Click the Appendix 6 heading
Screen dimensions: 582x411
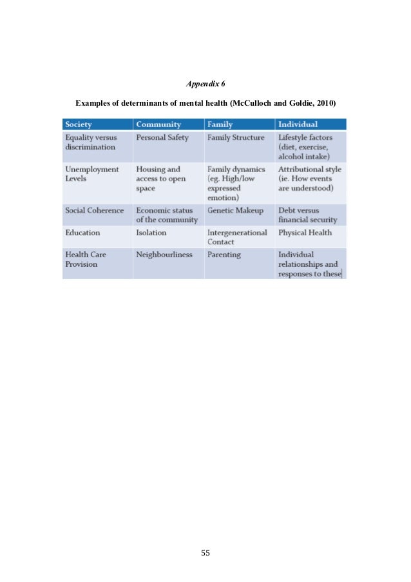coord(205,84)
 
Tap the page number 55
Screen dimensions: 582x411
coord(205,552)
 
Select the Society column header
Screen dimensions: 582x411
coord(79,124)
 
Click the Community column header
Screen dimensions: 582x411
coord(158,124)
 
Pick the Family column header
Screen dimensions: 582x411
coord(220,124)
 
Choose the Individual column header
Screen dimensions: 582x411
coord(298,124)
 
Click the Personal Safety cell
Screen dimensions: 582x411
coord(162,138)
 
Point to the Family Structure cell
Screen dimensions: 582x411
coord(235,138)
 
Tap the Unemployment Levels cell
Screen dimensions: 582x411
coord(91,174)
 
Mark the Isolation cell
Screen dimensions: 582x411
coord(151,232)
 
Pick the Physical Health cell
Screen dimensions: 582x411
coord(305,232)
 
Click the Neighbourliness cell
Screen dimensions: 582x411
coord(164,255)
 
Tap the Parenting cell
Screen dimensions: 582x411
coord(224,255)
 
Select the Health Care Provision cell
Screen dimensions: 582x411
coord(86,259)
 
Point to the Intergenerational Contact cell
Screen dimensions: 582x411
coord(236,237)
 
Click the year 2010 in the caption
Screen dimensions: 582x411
coord(325,103)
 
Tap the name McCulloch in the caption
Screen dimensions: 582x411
coord(253,103)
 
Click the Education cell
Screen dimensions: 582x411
coord(83,232)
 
